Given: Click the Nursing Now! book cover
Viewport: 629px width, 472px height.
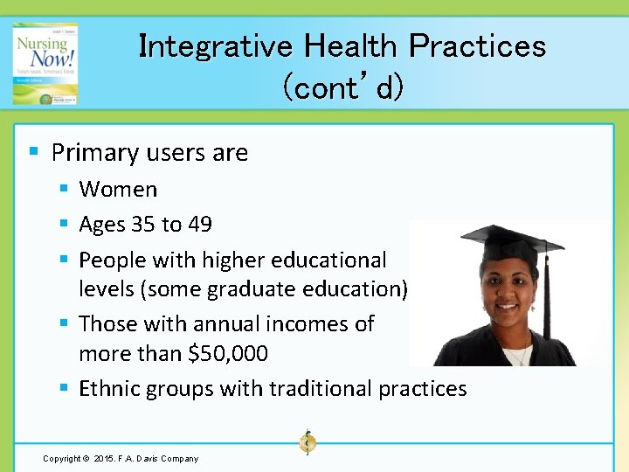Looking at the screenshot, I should [45, 64].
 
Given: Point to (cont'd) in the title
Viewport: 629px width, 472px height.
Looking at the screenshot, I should [342, 87].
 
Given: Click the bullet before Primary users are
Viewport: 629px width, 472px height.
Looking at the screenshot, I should [33, 152].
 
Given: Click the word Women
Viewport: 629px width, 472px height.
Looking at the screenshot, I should [118, 189].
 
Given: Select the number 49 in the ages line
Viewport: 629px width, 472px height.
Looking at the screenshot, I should [199, 225].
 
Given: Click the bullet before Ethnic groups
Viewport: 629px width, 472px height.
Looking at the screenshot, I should [64, 387].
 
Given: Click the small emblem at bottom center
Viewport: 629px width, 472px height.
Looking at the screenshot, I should [307, 442].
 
